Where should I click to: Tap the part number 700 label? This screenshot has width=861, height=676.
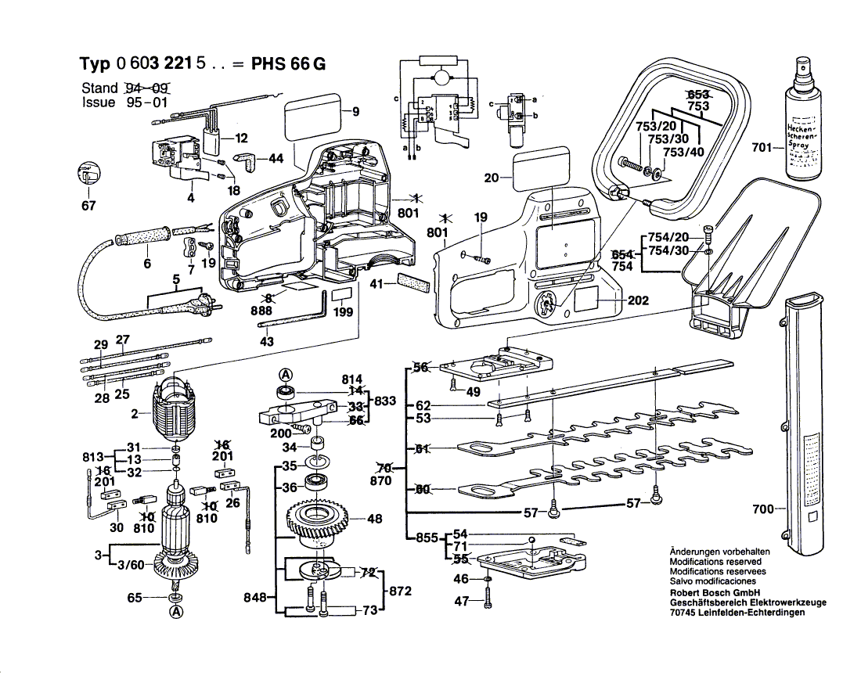[762, 509]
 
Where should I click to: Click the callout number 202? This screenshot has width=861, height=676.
[638, 300]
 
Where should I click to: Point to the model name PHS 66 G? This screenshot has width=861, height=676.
[286, 64]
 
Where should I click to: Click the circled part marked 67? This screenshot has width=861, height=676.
[88, 178]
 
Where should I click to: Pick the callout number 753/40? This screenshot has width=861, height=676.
[683, 152]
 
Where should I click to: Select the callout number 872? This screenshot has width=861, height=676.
[400, 591]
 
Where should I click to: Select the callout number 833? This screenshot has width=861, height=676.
[385, 401]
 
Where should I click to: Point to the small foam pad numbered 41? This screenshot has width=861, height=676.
[413, 282]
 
